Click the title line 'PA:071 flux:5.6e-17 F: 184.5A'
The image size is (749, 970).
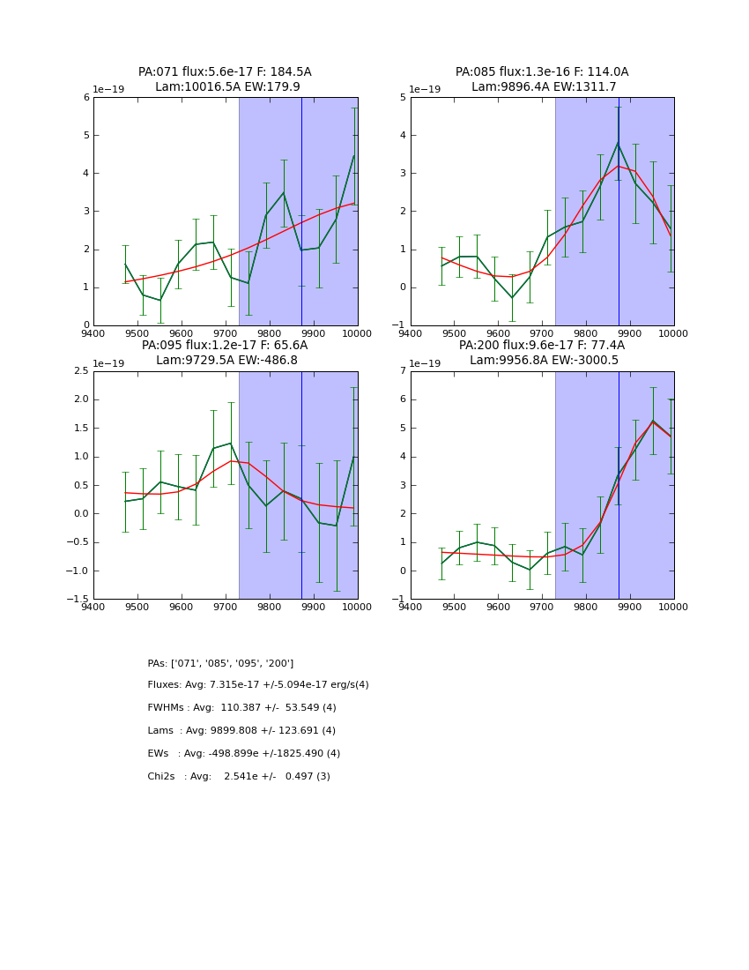click(225, 72)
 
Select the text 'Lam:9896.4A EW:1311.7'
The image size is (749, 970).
click(543, 87)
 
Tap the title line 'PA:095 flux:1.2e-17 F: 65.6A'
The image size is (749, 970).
click(225, 346)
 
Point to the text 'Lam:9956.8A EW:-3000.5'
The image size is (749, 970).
click(543, 361)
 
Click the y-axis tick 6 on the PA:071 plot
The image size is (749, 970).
click(85, 98)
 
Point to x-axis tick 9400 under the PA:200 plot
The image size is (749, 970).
click(411, 608)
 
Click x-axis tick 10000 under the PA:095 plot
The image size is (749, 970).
click(357, 608)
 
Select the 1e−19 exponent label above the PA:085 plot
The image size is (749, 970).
click(425, 89)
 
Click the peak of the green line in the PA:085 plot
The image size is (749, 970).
click(618, 142)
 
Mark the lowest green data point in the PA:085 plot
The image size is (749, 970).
click(512, 298)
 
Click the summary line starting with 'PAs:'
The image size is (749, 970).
click(220, 663)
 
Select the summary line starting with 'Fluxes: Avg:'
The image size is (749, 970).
click(257, 685)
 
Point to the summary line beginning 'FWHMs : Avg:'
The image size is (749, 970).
click(241, 708)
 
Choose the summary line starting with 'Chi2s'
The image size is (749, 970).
click(238, 777)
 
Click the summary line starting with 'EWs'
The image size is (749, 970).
click(243, 754)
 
